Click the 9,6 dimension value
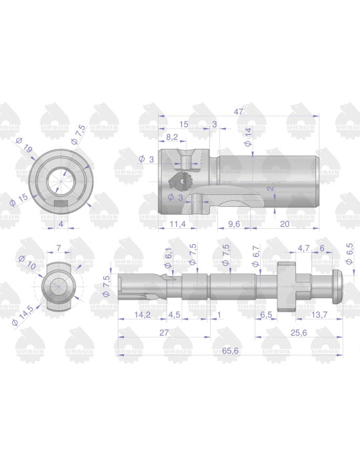(x=234, y=223)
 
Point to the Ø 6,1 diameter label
(x=170, y=255)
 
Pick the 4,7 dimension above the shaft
(x=303, y=248)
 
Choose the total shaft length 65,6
(x=231, y=349)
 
